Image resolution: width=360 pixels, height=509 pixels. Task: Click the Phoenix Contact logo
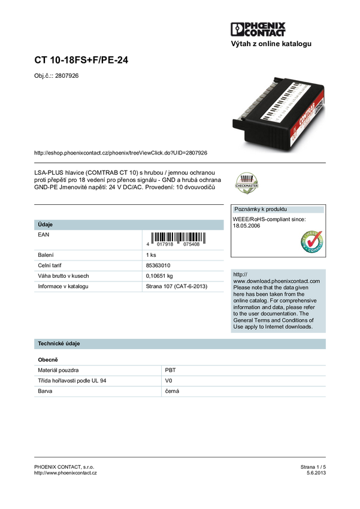pos(259,30)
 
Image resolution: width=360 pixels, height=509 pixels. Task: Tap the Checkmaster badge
pos(246,183)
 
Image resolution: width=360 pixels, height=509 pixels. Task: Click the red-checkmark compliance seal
pos(311,242)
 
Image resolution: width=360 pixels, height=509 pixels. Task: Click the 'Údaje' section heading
pos(46,225)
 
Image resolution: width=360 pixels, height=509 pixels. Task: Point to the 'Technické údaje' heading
pos(59,344)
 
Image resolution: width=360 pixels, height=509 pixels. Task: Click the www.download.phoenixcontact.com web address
pos(276,281)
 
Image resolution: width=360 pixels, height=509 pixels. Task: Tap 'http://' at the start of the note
pos(240,274)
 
